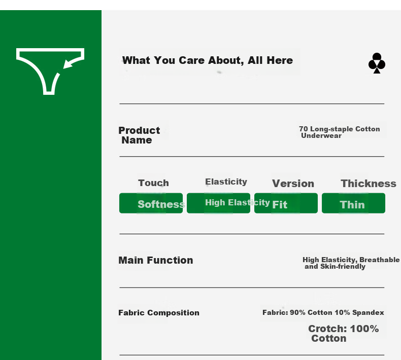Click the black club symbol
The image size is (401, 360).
(x=377, y=63)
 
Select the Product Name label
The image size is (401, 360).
(x=139, y=135)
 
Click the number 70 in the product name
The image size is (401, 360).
(x=304, y=129)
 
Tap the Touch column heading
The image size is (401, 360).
(x=153, y=183)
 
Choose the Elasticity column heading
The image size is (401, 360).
(x=226, y=182)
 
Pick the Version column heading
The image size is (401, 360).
(x=293, y=184)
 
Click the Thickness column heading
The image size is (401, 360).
(x=369, y=184)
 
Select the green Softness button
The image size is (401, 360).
(x=151, y=203)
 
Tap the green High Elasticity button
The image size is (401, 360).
(x=218, y=203)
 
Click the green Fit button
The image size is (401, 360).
(x=286, y=203)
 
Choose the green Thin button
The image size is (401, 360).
(x=353, y=203)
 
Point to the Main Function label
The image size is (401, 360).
(x=156, y=260)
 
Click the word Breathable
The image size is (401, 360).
(x=380, y=260)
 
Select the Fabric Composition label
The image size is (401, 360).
(x=159, y=313)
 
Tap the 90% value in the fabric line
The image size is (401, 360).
(x=297, y=312)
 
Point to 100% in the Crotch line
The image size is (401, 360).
(x=364, y=329)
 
